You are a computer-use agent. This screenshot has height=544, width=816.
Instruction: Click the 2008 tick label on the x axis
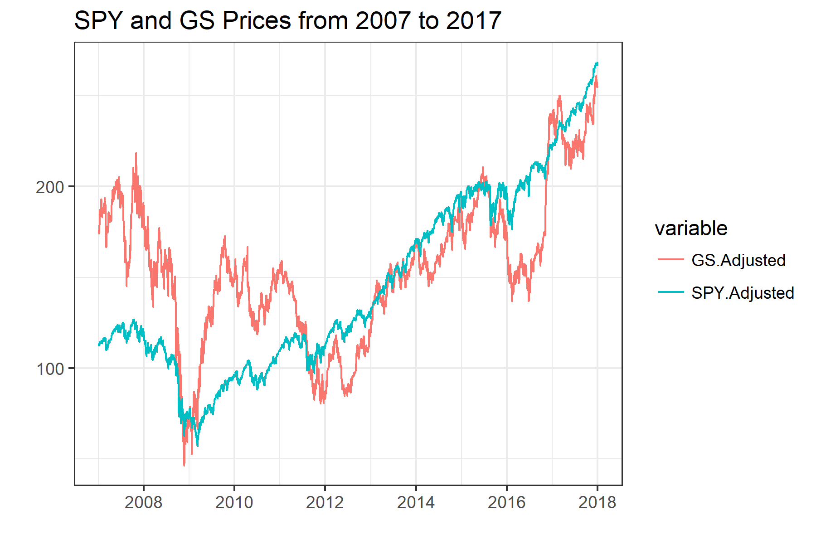pyautogui.click(x=143, y=502)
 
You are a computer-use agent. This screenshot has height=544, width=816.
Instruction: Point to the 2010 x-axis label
pyautogui.click(x=234, y=502)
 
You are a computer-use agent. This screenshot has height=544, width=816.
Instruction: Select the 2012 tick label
pyautogui.click(x=325, y=502)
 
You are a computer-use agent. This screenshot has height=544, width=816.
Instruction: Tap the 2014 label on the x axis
pyautogui.click(x=416, y=502)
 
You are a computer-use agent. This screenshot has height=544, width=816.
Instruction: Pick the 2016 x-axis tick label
pyautogui.click(x=506, y=502)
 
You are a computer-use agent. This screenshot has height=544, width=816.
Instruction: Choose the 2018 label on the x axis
pyautogui.click(x=597, y=502)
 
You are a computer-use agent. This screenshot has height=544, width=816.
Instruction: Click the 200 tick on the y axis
pyautogui.click(x=50, y=187)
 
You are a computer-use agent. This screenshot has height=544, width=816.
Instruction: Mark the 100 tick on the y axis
pyautogui.click(x=50, y=369)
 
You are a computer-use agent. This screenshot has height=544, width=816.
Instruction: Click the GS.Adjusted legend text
pyautogui.click(x=738, y=260)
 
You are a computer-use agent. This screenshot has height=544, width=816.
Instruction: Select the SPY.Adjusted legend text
pyautogui.click(x=743, y=293)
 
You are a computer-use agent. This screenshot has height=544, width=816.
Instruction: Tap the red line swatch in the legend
pyautogui.click(x=670, y=259)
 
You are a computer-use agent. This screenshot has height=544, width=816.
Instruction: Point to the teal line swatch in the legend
pyautogui.click(x=670, y=292)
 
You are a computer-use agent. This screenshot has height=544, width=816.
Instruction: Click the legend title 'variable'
pyautogui.click(x=691, y=228)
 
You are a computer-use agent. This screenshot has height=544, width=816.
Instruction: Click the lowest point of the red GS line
pyautogui.click(x=184, y=465)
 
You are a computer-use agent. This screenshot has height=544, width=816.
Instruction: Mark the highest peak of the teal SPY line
pyautogui.click(x=597, y=63)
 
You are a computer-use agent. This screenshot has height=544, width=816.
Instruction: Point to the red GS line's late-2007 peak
pyautogui.click(x=136, y=153)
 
